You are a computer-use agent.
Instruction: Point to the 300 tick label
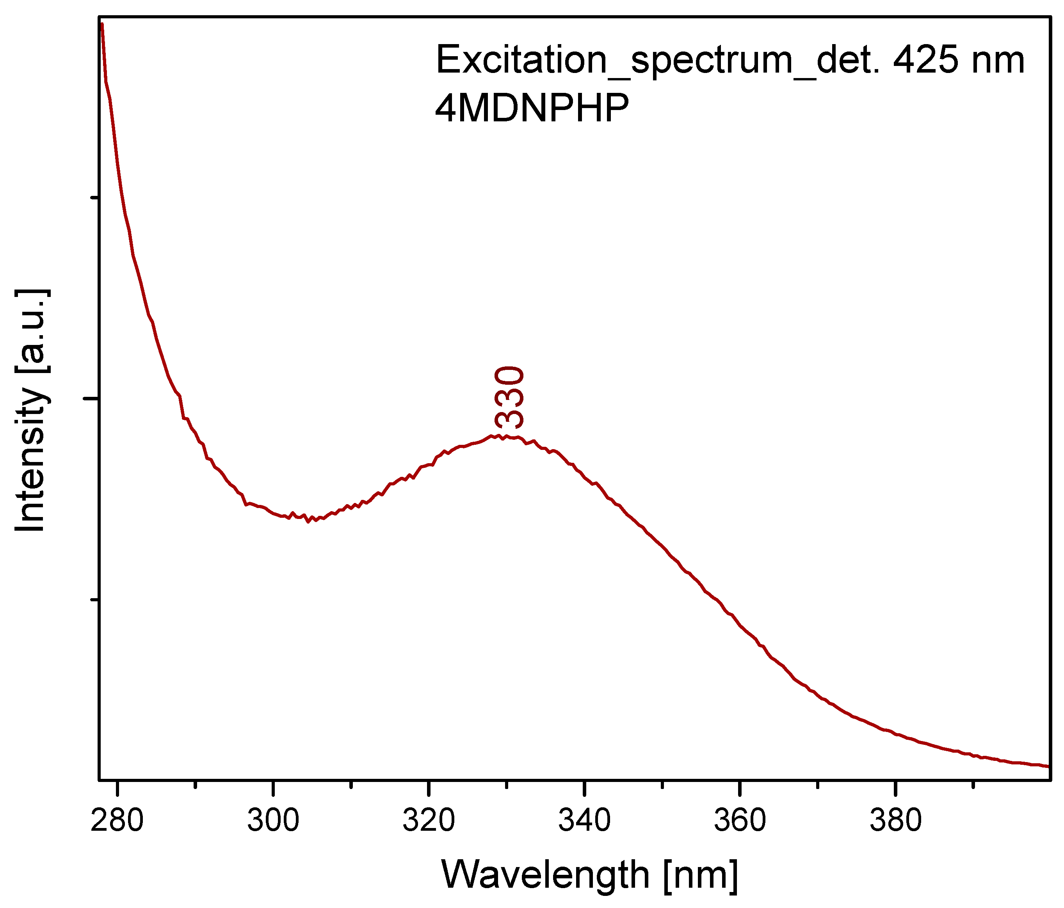pos(273,821)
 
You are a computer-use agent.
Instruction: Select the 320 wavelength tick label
pos(428,821)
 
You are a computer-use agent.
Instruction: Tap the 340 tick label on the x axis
pos(584,821)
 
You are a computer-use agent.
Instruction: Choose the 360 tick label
pos(740,821)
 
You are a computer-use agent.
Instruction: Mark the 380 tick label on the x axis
pos(895,821)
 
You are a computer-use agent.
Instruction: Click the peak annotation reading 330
pos(509,397)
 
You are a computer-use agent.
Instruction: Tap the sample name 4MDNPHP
pos(532,108)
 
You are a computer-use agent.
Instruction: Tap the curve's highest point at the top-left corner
pos(102,24)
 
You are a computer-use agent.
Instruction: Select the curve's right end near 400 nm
pos(1048,766)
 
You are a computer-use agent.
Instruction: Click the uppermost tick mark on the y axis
pos(94,197)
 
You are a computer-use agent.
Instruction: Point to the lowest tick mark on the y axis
pos(94,599)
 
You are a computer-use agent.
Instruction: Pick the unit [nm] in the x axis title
pos(701,876)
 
